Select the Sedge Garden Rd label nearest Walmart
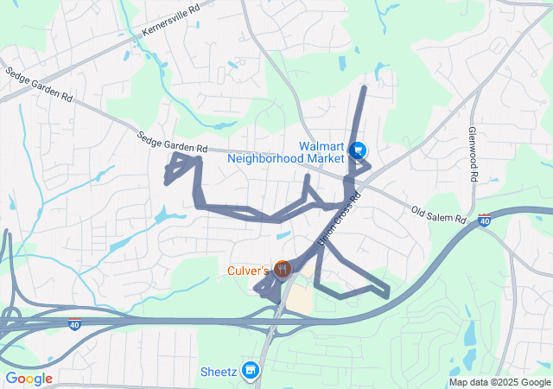[173, 142]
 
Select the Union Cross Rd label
[338, 215]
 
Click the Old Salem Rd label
[439, 213]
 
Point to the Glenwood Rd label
[473, 154]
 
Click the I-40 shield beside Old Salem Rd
[485, 222]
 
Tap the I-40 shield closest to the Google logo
[76, 324]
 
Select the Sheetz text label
[218, 372]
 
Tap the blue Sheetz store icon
[251, 370]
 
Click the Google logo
[29, 379]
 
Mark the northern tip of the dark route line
[364, 87]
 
